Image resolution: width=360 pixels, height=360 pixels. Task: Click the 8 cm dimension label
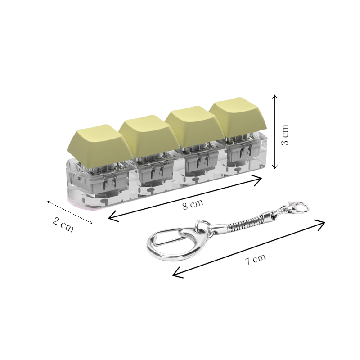coord(193,205)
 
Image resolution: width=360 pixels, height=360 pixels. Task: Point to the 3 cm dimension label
coord(285,135)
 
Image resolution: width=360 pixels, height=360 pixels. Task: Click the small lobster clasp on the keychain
coord(295,208)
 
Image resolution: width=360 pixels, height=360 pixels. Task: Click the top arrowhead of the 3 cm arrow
coord(275,96)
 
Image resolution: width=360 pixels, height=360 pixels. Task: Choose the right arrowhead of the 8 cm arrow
coord(260,180)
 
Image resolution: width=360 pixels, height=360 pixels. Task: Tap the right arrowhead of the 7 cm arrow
coord(323,223)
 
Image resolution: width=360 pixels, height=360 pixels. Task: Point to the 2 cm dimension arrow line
coord(70,212)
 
